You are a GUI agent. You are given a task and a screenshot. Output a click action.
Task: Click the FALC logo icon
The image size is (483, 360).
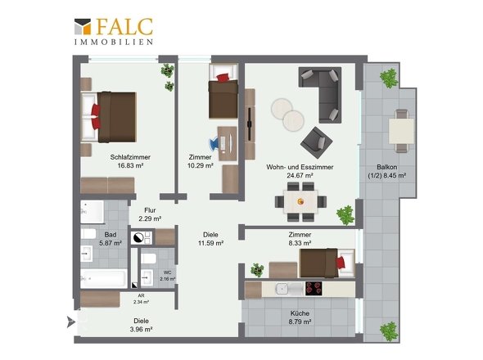(x=83, y=26)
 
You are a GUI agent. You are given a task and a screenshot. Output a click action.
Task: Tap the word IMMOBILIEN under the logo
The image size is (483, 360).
(x=114, y=42)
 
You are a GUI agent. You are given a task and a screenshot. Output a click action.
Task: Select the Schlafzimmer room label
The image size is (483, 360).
(x=130, y=157)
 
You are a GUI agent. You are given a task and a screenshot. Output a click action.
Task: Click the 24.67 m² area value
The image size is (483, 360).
(x=300, y=176)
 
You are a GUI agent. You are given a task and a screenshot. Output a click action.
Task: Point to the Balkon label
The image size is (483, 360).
(x=387, y=167)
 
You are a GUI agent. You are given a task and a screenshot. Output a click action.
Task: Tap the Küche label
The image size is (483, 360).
(x=300, y=313)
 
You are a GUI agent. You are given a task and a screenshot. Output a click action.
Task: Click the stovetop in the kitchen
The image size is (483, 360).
(x=314, y=289)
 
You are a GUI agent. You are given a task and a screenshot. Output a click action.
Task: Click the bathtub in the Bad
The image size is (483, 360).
(x=104, y=278)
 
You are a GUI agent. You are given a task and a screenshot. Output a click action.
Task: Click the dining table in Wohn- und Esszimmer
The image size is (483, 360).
(x=300, y=202)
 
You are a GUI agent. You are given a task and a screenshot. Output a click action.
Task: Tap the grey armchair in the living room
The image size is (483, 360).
(x=316, y=142)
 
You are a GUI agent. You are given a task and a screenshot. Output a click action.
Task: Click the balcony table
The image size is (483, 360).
(x=401, y=131)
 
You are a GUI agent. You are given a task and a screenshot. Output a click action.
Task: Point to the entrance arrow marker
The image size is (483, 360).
(x=71, y=322)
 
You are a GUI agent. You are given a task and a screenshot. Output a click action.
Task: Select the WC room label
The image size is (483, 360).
(x=168, y=272)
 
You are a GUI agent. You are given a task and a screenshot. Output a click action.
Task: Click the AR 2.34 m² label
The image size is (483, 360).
(x=141, y=299)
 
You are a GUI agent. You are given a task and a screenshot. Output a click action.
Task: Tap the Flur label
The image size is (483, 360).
(x=150, y=210)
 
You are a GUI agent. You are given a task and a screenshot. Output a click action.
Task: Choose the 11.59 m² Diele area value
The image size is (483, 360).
(x=210, y=243)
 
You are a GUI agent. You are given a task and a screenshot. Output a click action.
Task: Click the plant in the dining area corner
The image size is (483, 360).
(x=345, y=215)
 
